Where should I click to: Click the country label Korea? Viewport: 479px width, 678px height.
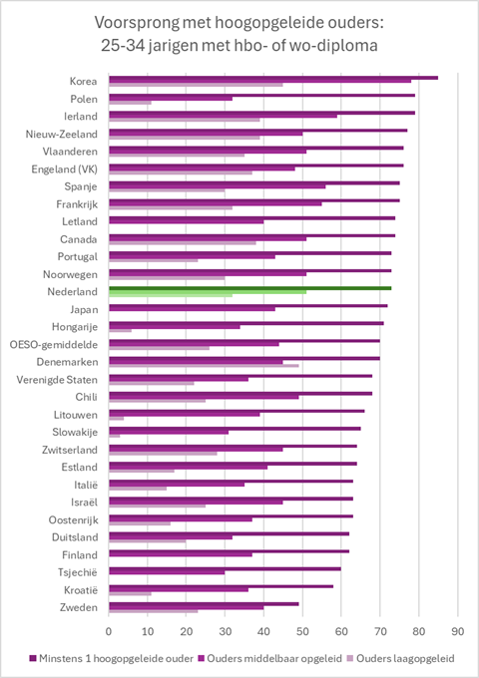pyautogui.click(x=83, y=82)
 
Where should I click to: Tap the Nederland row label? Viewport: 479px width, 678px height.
pyautogui.click(x=72, y=292)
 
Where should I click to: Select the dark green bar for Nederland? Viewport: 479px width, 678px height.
pyautogui.click(x=250, y=288)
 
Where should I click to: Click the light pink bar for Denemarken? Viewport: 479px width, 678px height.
pyautogui.click(x=204, y=366)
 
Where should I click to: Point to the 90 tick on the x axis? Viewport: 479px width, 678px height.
pyautogui.click(x=457, y=631)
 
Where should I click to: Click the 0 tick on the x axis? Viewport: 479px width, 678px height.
pyautogui.click(x=109, y=631)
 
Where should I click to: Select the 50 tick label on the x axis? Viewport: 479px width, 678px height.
pyautogui.click(x=302, y=631)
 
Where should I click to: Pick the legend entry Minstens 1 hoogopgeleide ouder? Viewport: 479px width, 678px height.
pyautogui.click(x=111, y=658)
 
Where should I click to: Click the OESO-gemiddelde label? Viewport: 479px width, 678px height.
pyautogui.click(x=54, y=345)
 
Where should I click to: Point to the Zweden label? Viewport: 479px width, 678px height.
pyautogui.click(x=79, y=607)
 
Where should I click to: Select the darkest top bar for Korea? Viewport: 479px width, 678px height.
pyautogui.click(x=273, y=78)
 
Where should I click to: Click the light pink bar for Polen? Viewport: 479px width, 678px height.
pyautogui.click(x=131, y=103)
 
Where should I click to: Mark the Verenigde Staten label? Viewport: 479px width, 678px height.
pyautogui.click(x=57, y=380)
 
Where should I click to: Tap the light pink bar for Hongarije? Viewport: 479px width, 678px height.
pyautogui.click(x=121, y=330)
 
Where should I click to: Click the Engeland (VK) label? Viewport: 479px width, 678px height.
pyautogui.click(x=65, y=169)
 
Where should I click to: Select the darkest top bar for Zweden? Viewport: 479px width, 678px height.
pyautogui.click(x=204, y=604)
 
